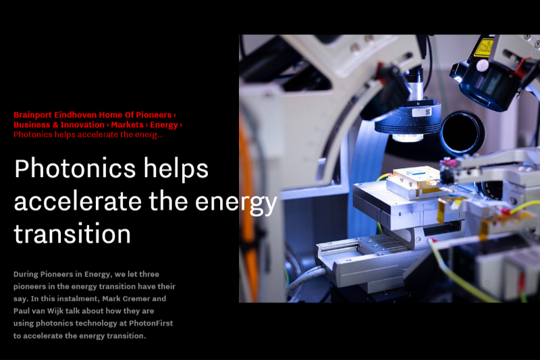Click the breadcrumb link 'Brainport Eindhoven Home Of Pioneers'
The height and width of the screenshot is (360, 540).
(92, 115)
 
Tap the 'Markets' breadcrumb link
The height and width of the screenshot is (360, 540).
(127, 125)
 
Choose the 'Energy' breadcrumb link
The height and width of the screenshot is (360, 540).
(164, 125)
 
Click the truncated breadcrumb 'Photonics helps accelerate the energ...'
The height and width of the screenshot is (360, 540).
(88, 134)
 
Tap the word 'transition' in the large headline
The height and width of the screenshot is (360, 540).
(72, 234)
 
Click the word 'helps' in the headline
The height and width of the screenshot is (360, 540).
(175, 169)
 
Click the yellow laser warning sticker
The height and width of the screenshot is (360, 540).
(484, 47)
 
